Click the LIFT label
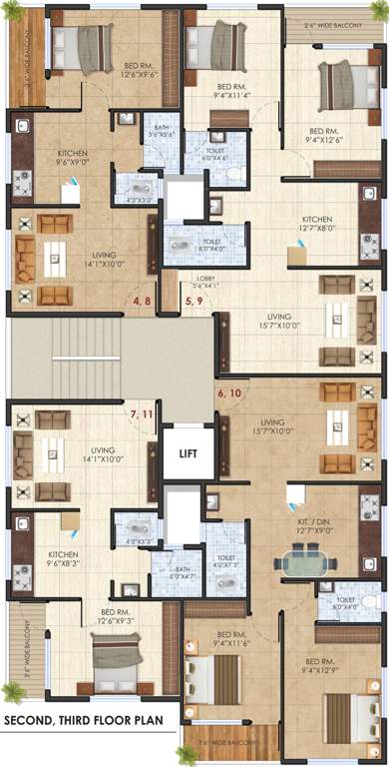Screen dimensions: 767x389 189,452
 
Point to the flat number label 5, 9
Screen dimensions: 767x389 194,300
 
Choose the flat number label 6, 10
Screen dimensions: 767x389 228,392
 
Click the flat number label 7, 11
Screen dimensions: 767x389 140,412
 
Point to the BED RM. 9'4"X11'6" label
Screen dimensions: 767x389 230,638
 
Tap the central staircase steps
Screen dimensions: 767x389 86,356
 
